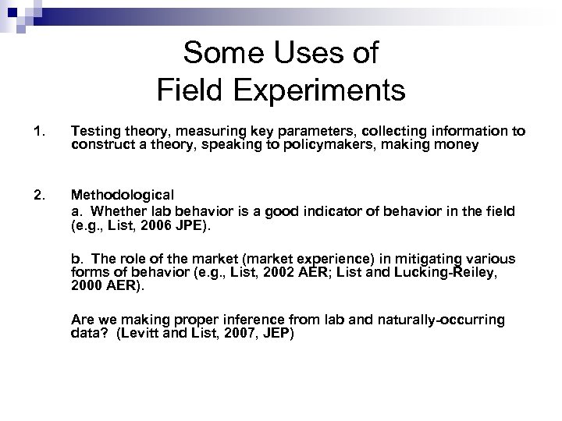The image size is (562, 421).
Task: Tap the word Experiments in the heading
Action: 320,90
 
